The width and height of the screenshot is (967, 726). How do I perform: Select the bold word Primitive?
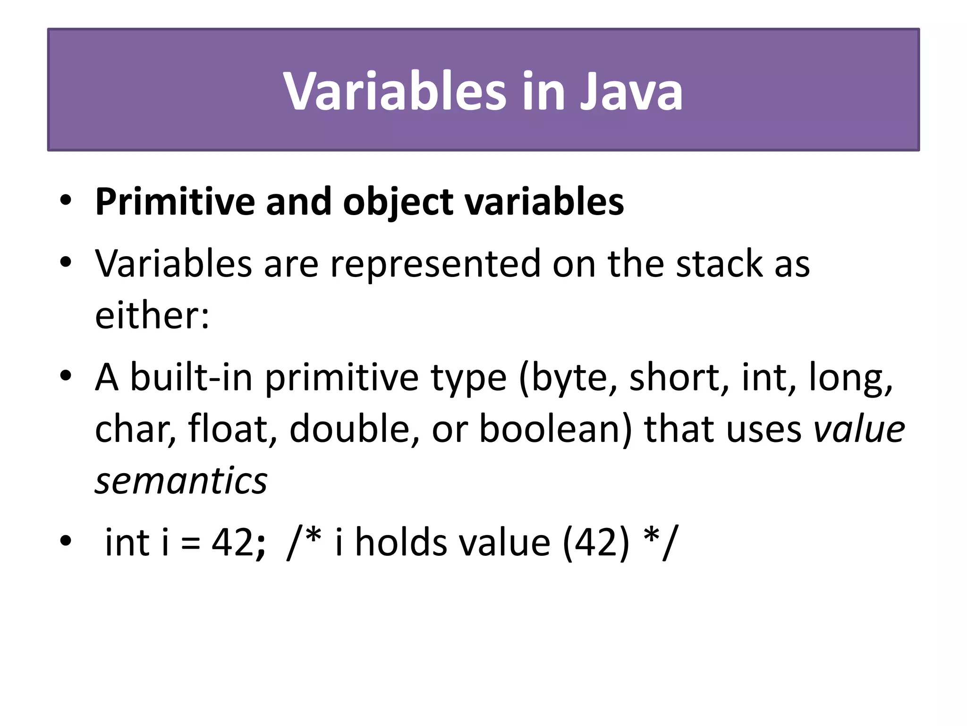click(x=175, y=202)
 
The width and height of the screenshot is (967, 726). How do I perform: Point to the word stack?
click(x=719, y=264)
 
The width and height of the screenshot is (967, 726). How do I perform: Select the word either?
click(x=152, y=316)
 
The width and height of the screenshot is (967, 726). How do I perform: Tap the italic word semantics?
click(x=181, y=481)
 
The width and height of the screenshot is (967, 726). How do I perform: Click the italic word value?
click(x=859, y=429)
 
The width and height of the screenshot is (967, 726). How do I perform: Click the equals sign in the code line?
click(x=190, y=543)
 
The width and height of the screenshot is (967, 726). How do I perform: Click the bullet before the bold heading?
click(x=66, y=200)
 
